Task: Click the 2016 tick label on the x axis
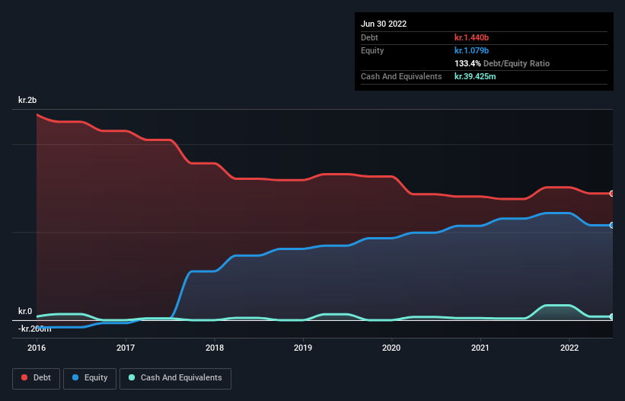click(x=37, y=348)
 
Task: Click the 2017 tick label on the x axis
click(x=126, y=348)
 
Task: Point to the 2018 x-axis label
click(x=215, y=348)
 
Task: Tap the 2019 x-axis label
click(x=303, y=348)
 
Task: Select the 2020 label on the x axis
click(x=391, y=348)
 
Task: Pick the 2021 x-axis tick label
click(x=480, y=348)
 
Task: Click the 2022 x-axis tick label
click(x=569, y=348)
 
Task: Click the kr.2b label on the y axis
click(x=27, y=101)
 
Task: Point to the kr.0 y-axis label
click(x=25, y=311)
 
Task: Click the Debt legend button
click(x=37, y=378)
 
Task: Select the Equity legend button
click(x=90, y=378)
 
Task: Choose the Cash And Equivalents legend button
click(x=175, y=378)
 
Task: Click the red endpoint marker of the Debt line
click(x=611, y=194)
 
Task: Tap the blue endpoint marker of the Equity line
click(x=611, y=226)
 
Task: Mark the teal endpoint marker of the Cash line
click(x=611, y=316)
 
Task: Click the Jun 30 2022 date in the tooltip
click(x=384, y=24)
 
